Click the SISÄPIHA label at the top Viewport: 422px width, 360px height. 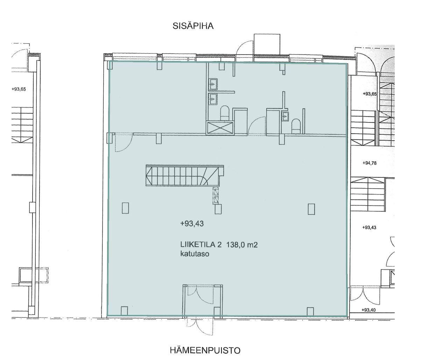[x=193, y=26]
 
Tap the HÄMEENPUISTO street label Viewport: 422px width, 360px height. [x=205, y=351]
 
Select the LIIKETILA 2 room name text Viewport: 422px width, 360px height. [x=201, y=245]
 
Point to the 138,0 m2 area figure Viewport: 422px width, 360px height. [x=241, y=245]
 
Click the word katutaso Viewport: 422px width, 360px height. [x=195, y=254]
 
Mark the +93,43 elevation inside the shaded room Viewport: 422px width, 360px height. [x=192, y=224]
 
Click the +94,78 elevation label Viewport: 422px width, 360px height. [x=369, y=163]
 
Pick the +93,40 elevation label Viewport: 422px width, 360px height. [x=368, y=310]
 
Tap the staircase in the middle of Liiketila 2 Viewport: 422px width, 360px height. [x=184, y=176]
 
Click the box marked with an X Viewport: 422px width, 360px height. [x=220, y=128]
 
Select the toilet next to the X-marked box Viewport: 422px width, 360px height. [x=225, y=113]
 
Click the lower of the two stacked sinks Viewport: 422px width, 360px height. [x=213, y=99]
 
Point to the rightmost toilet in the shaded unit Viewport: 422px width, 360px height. [x=296, y=126]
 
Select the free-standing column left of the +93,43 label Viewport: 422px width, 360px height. [x=125, y=208]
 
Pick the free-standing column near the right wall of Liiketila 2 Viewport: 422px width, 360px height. [x=311, y=209]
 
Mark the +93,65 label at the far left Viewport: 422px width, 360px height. [x=19, y=89]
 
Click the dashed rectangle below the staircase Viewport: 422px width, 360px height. [x=216, y=195]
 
